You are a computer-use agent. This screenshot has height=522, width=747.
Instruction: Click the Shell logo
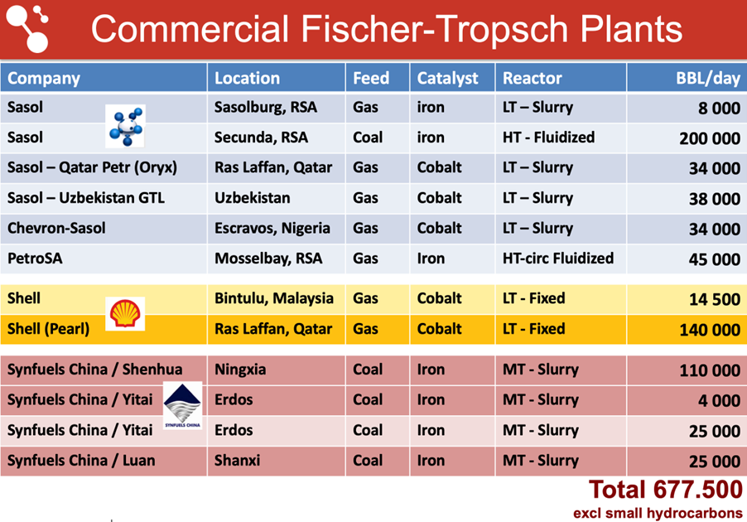coord(125,313)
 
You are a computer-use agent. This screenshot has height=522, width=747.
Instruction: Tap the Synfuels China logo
coord(182,405)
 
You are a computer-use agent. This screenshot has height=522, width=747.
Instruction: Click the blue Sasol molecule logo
coord(125,126)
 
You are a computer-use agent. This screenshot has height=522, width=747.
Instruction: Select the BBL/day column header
coord(708,78)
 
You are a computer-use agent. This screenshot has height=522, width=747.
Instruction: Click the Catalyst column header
coord(447,78)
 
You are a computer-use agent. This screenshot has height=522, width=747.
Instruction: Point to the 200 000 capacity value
coord(710,138)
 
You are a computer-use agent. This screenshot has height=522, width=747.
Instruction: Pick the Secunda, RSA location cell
coord(261,138)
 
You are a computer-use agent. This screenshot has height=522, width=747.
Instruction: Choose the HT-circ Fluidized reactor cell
coord(558,259)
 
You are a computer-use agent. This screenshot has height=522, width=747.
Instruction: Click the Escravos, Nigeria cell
coord(272,229)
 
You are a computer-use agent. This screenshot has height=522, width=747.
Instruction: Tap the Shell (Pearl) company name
coord(48,329)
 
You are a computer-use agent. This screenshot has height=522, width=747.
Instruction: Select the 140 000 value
coord(710,330)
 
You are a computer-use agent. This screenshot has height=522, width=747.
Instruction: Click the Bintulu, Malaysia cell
coord(274,298)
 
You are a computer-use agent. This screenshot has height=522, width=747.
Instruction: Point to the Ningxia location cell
coord(240,370)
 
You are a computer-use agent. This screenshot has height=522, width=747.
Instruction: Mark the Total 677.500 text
coord(666,490)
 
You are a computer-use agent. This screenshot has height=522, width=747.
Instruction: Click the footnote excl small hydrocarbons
coord(658,513)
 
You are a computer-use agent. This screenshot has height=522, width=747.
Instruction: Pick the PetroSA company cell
coord(35,259)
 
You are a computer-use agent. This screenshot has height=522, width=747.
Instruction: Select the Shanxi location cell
coord(237,461)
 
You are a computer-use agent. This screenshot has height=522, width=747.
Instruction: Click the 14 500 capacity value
coord(715,299)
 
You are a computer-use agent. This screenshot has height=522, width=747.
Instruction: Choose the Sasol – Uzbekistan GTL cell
coord(86,198)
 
